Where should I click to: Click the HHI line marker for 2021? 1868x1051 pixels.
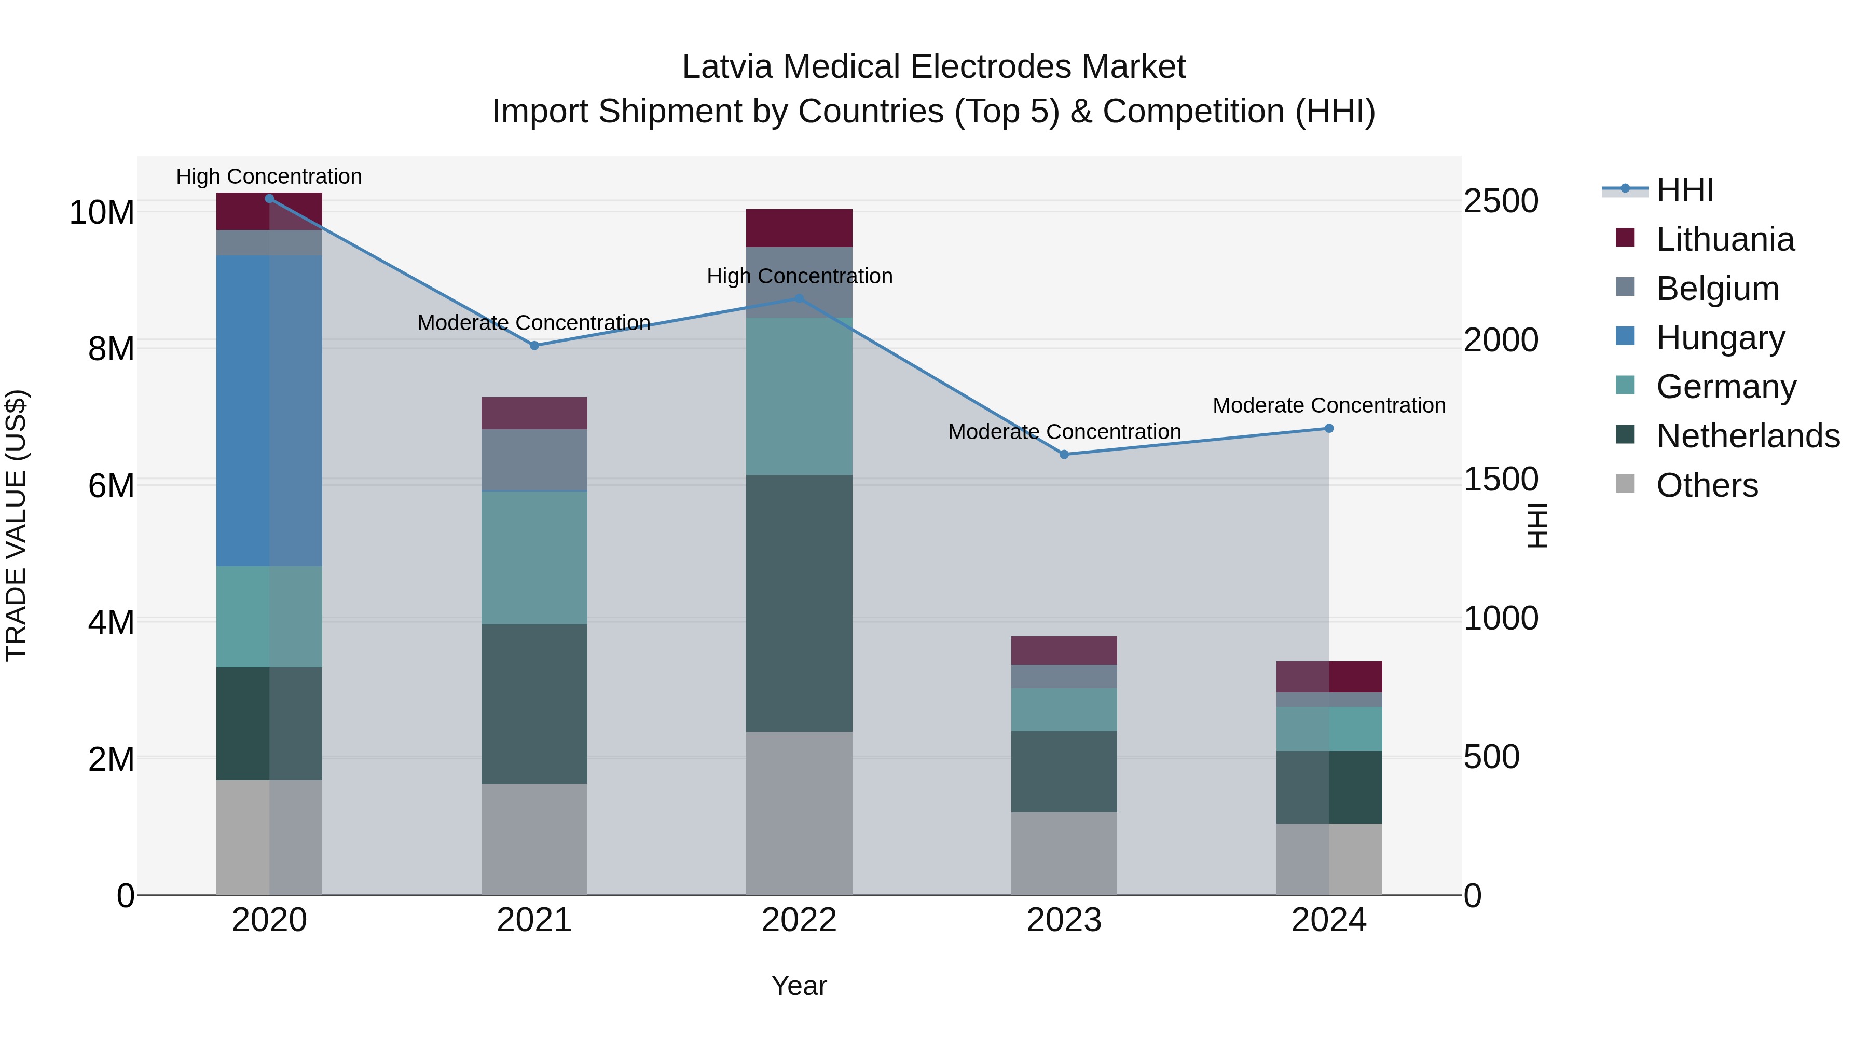pos(534,345)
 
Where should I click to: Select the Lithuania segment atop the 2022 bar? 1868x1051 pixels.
pos(799,228)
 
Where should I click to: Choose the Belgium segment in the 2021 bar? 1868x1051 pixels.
pos(534,460)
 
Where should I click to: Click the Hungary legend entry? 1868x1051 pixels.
pos(1720,338)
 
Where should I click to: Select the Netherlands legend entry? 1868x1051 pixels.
pos(1748,436)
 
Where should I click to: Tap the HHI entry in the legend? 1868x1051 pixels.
pos(1684,190)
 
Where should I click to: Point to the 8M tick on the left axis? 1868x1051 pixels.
pos(111,349)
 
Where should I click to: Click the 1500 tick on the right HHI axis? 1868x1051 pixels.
pos(1500,480)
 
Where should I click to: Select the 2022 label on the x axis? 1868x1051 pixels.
pos(799,920)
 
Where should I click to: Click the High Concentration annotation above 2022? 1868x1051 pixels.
pos(799,276)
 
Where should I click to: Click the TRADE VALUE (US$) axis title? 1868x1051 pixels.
pos(16,525)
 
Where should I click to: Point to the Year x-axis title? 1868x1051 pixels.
pos(799,986)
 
